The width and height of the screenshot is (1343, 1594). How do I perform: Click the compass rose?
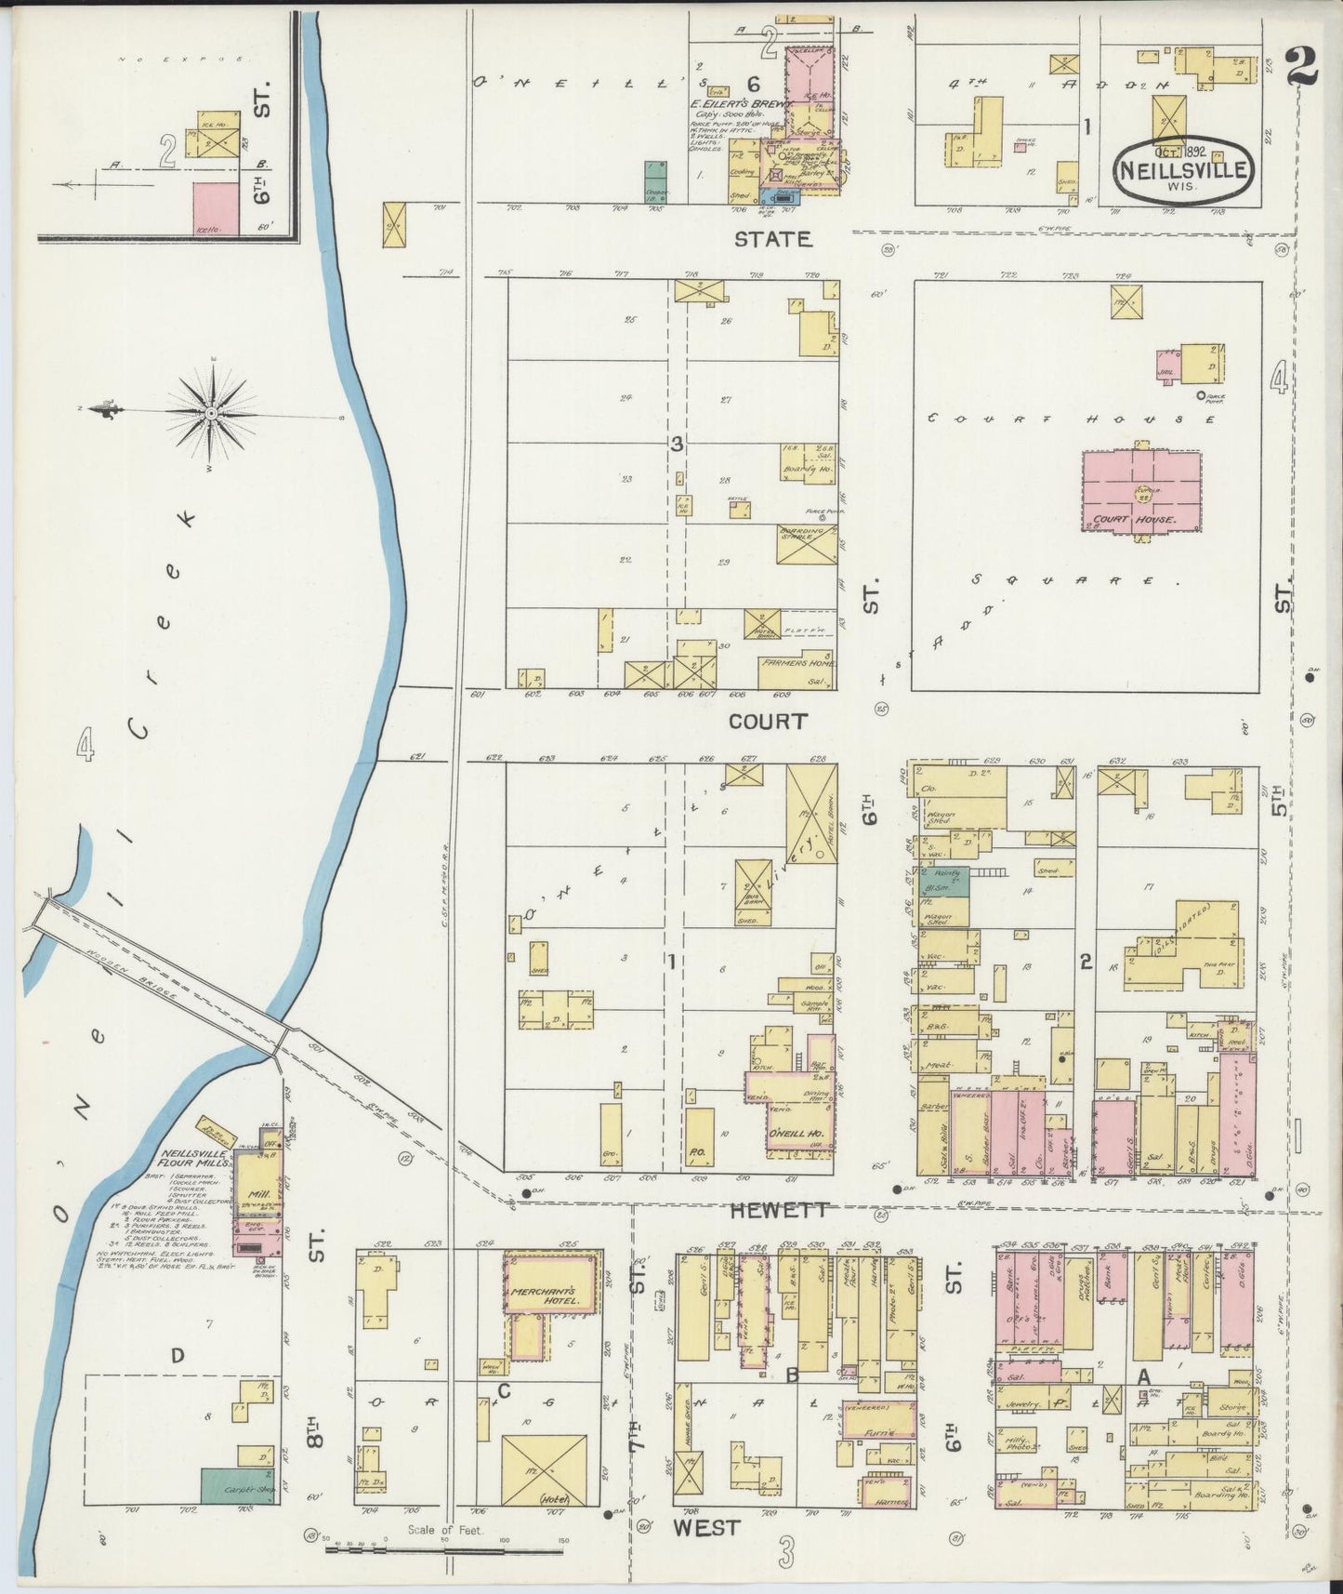[x=212, y=411]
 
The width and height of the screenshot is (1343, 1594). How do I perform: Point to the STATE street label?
[x=773, y=239]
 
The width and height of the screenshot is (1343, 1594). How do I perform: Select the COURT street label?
[x=768, y=722]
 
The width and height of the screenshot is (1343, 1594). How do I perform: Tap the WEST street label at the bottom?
[x=706, y=1527]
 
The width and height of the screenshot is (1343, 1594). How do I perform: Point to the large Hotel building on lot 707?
[x=544, y=1477]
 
